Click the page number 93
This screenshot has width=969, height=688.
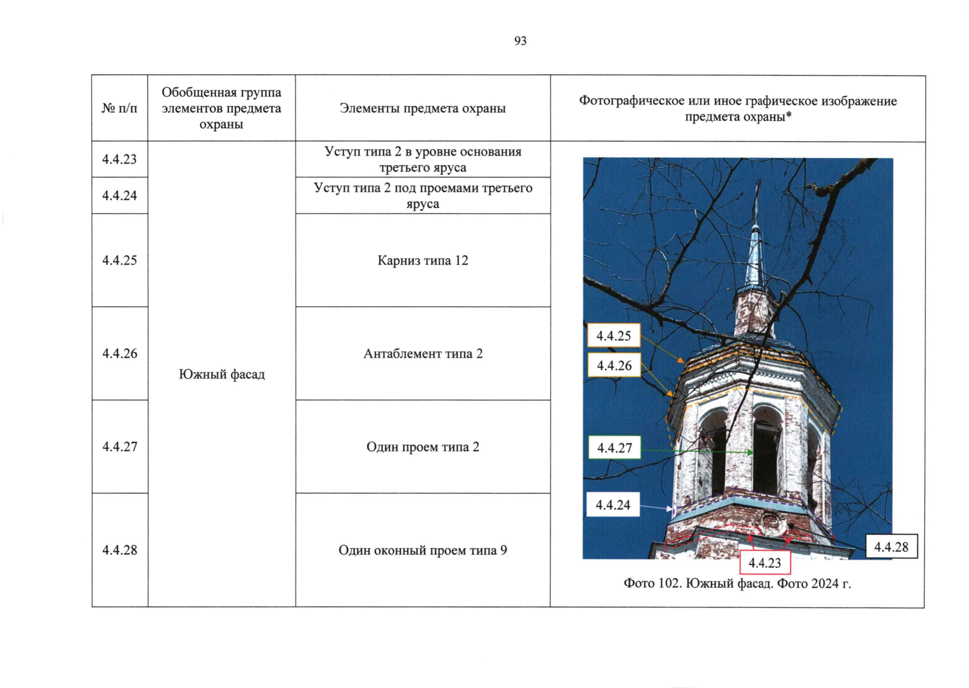click(x=520, y=41)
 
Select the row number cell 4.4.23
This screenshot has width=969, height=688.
click(x=120, y=159)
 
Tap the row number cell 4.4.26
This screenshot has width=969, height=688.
click(x=120, y=353)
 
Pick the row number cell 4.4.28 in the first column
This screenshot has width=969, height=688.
click(x=120, y=550)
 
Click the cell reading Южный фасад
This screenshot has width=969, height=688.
click(x=221, y=374)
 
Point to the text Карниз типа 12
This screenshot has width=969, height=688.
click(x=423, y=260)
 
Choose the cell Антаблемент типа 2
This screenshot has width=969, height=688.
click(x=423, y=353)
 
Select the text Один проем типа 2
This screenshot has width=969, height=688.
click(x=423, y=447)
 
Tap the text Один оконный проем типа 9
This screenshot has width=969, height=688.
click(x=423, y=550)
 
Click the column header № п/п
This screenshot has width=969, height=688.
click(x=120, y=108)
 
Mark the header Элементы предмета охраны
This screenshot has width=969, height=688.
click(x=423, y=108)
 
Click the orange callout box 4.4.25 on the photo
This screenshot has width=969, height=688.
click(x=614, y=336)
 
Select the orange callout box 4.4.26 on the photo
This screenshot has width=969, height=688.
click(x=614, y=366)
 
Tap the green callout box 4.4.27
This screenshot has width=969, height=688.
click(x=615, y=448)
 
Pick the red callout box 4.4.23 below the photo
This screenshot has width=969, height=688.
click(x=765, y=563)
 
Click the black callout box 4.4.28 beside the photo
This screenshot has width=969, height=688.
click(x=891, y=547)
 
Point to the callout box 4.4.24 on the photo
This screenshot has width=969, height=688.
click(x=613, y=505)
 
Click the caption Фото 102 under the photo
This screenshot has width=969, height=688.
click(x=737, y=584)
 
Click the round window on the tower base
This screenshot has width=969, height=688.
click(x=770, y=523)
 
